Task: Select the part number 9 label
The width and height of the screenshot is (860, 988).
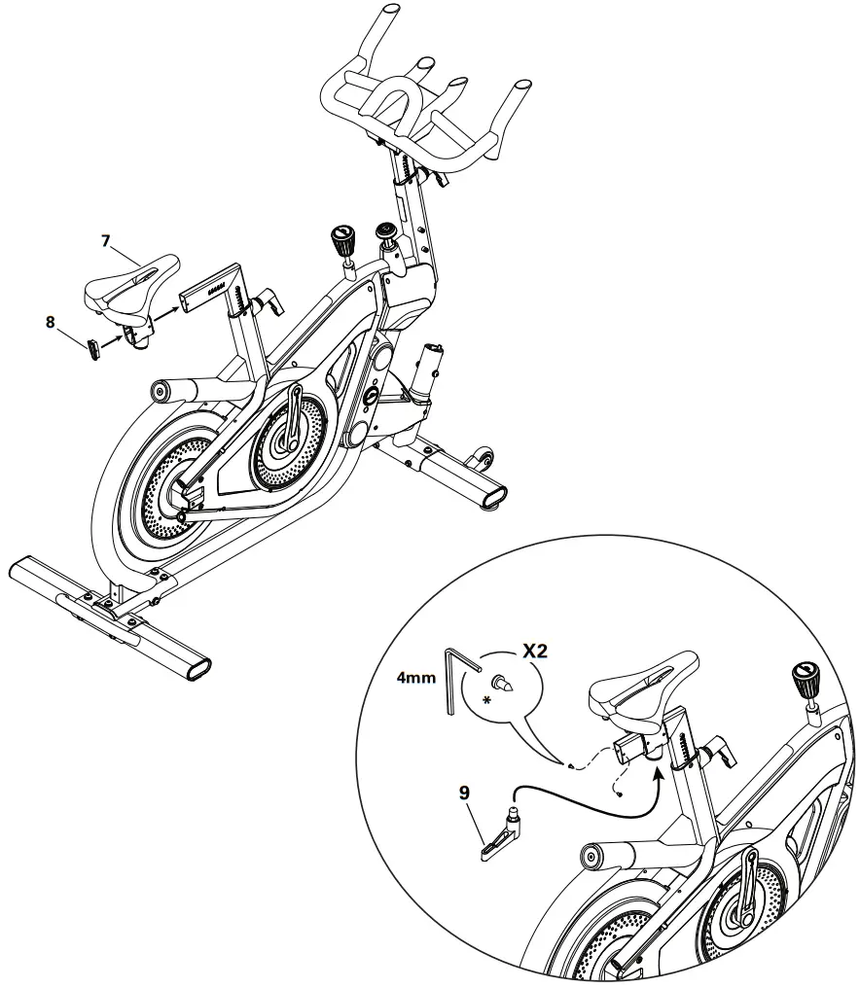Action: pyautogui.click(x=464, y=793)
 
